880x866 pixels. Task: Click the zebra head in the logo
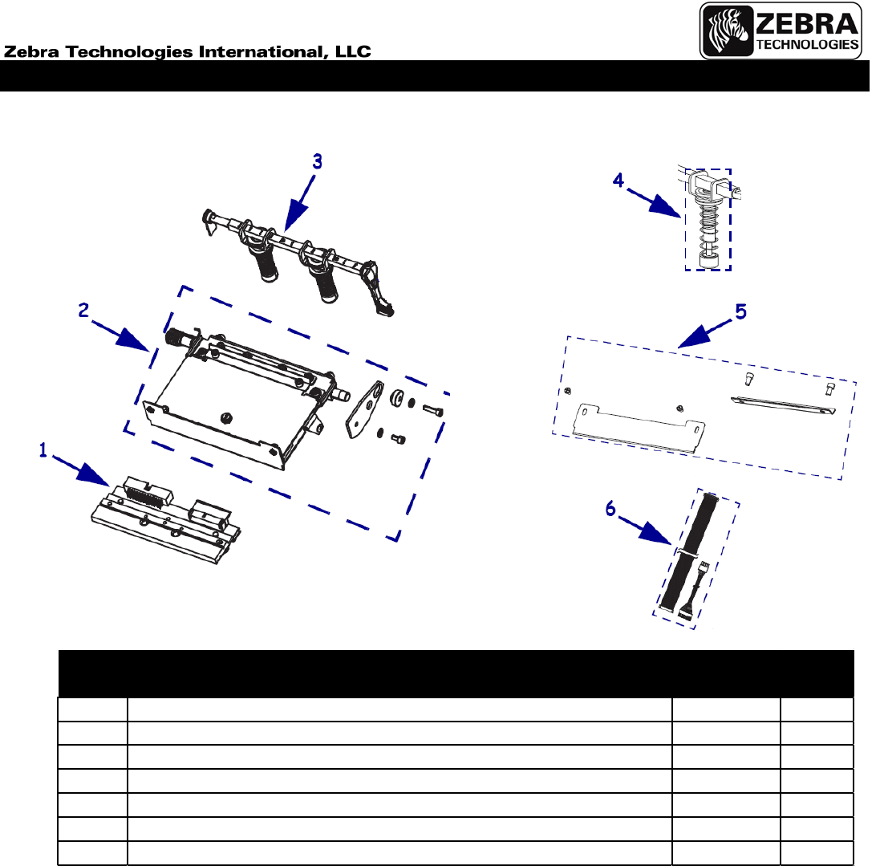pyautogui.click(x=728, y=30)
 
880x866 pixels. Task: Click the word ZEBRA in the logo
pyautogui.click(x=807, y=24)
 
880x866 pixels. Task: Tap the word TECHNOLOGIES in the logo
pyautogui.click(x=807, y=44)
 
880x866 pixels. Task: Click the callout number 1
pyautogui.click(x=43, y=449)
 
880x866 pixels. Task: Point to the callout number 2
pyautogui.click(x=83, y=310)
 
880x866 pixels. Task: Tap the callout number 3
pyautogui.click(x=317, y=162)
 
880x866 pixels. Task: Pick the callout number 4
pyautogui.click(x=618, y=180)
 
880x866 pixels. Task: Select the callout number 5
pyautogui.click(x=740, y=311)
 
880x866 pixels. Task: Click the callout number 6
pyautogui.click(x=610, y=509)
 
